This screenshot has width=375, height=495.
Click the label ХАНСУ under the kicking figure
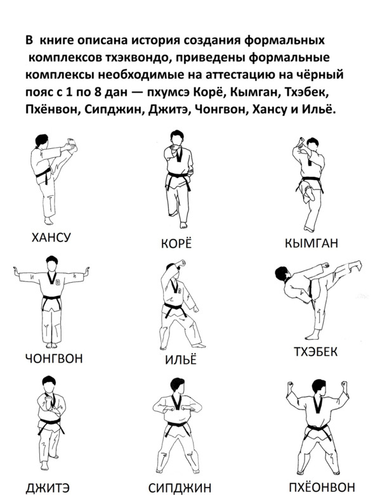coord(51,237)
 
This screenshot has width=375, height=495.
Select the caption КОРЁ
coord(176,244)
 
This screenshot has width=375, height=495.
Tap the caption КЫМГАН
coord(311,243)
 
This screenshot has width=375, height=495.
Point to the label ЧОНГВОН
coord(54,358)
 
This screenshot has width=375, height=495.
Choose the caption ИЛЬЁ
coord(181,359)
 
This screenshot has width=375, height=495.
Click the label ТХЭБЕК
coord(315,352)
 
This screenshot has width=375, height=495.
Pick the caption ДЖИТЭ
coord(48,488)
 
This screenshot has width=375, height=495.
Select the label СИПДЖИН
coord(180,488)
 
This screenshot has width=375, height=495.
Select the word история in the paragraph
coord(155,41)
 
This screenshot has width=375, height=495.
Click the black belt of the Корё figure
coord(178,177)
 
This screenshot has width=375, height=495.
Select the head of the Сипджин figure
coord(175,387)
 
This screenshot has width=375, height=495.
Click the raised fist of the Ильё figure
coord(181,262)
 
